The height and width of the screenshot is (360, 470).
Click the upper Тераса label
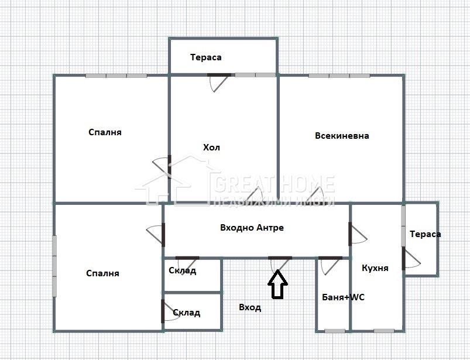coord(206,57)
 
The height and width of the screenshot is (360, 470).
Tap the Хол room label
coord(211,148)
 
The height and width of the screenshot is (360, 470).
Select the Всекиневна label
coord(342,136)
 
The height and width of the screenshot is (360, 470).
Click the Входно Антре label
coord(252,228)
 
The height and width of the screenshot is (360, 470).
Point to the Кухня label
coord(375,268)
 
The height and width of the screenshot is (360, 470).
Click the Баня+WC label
coord(343,297)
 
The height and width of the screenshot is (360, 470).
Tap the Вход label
coord(250,307)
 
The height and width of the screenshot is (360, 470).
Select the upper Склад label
coord(183,270)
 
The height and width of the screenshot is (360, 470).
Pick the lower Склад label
coord(187,313)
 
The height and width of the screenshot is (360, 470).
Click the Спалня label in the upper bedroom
coord(105,132)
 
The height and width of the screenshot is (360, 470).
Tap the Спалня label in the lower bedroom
coord(102,273)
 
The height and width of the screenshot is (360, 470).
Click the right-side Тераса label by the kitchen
coord(425,234)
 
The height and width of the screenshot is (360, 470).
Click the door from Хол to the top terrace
coord(219,82)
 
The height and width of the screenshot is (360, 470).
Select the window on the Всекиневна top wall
coord(339,76)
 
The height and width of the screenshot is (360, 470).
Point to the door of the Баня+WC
coord(330,264)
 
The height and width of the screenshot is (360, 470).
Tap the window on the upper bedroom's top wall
coord(116,76)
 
